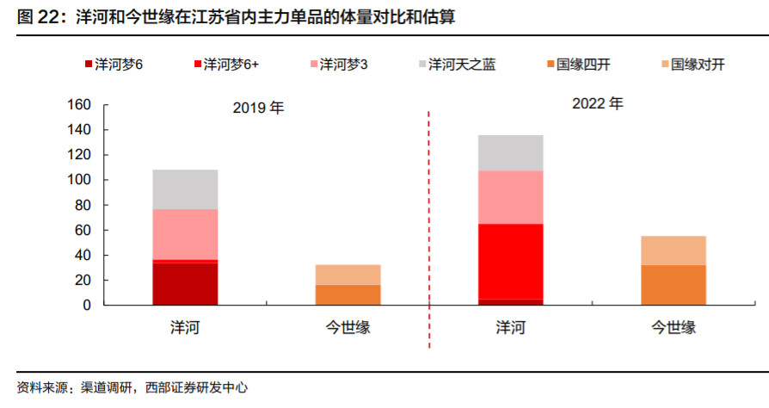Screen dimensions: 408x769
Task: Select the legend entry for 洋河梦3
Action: tap(343, 64)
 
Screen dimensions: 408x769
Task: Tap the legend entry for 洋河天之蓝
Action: tap(461, 64)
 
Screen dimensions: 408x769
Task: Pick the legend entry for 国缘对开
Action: tap(697, 64)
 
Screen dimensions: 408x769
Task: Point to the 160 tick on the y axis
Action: tap(79, 105)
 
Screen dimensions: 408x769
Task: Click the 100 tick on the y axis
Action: tap(79, 180)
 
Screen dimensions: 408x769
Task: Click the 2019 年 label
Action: tap(258, 109)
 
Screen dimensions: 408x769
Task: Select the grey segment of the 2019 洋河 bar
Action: tap(185, 189)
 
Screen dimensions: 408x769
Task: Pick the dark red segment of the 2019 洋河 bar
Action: tap(185, 283)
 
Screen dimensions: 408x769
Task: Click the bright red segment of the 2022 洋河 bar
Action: tap(510, 261)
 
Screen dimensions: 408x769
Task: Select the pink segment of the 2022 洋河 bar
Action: tap(510, 197)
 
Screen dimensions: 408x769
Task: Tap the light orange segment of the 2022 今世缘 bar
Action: tap(674, 250)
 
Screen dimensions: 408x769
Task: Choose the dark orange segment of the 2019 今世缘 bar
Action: tap(348, 294)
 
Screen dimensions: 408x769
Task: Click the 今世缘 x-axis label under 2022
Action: tap(674, 327)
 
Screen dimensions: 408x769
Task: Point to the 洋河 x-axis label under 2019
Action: tap(185, 327)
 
